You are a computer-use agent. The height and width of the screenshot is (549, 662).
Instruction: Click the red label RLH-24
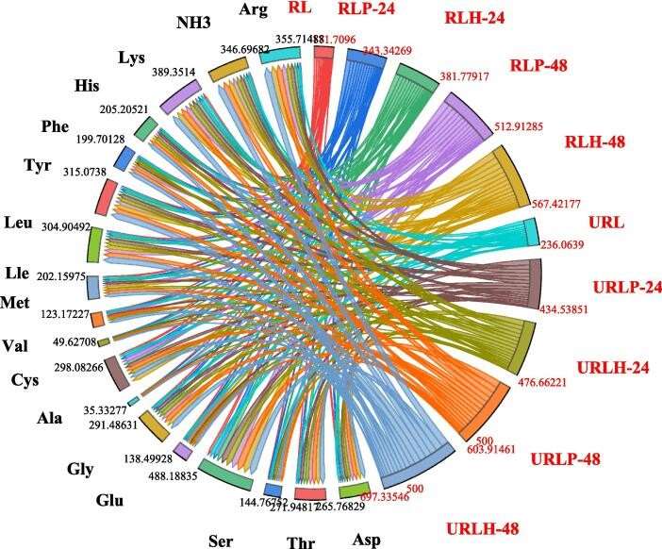pyautogui.click(x=476, y=19)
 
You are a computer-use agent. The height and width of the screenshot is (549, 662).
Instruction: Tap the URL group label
pyautogui.click(x=607, y=225)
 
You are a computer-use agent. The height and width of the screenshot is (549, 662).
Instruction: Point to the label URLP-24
pyautogui.click(x=626, y=287)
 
